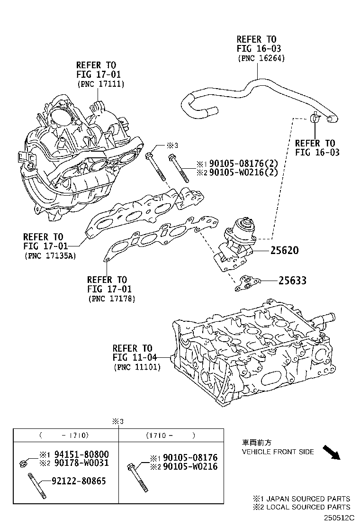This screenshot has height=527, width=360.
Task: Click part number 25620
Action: click(284, 250)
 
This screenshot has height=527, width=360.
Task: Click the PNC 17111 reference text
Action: click(100, 84)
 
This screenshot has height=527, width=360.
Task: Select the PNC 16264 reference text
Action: click(261, 58)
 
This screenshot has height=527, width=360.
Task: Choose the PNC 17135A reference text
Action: click(49, 256)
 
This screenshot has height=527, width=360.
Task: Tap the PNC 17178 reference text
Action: click(112, 299)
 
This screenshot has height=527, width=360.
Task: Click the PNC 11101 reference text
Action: click(136, 367)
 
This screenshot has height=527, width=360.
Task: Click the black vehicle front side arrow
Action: click(332, 452)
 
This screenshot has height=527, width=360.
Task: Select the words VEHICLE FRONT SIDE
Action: click(278, 452)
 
